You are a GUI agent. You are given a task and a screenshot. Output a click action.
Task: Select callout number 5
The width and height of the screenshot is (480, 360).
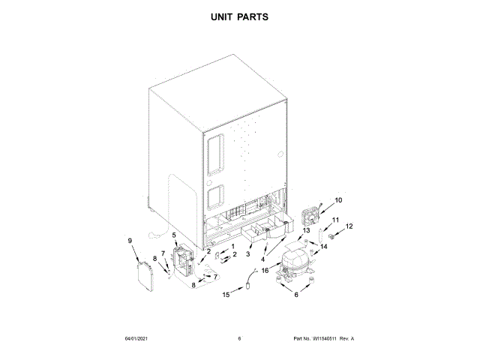(175, 235)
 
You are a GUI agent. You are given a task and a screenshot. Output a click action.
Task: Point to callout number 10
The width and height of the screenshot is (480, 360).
(337, 200)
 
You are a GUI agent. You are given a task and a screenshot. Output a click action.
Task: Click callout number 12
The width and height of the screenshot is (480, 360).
(349, 226)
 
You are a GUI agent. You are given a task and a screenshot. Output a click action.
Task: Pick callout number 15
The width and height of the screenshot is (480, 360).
(225, 295)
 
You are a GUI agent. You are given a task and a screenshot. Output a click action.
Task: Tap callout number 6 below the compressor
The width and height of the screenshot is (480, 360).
(295, 295)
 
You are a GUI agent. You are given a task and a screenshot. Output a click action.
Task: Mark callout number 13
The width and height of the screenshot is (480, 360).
(306, 230)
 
